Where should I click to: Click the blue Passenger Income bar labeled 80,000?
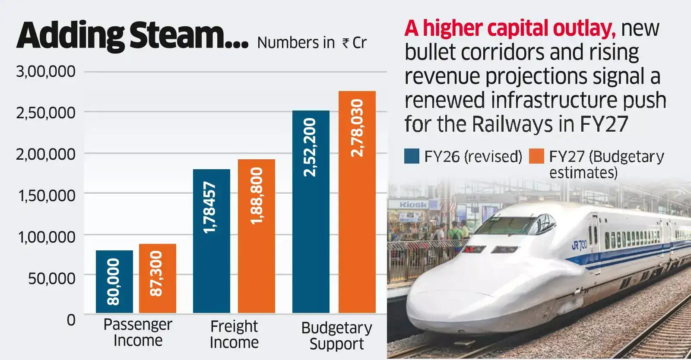coord(114,281)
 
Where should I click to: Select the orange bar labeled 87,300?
coord(157,278)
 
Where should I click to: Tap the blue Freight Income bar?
coord(211,241)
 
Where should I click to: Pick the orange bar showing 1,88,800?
coord(256,236)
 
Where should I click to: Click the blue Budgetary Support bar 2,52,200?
coord(311,212)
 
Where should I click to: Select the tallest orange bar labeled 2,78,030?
coord(357,202)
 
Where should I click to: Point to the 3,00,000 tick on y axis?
coord(46,71)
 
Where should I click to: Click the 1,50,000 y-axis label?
coord(47,196)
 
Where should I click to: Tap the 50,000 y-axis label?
coord(52,278)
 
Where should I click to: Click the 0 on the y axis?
coord(71,320)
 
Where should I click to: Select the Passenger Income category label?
coord(138,332)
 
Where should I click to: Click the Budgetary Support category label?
coord(336,336)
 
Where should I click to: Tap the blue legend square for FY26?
coord(412,156)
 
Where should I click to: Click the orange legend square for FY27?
coord(536,156)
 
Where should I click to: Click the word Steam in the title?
coord(181,35)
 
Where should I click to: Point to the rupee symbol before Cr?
coord(346,43)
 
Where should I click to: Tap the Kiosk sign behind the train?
coord(413,205)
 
